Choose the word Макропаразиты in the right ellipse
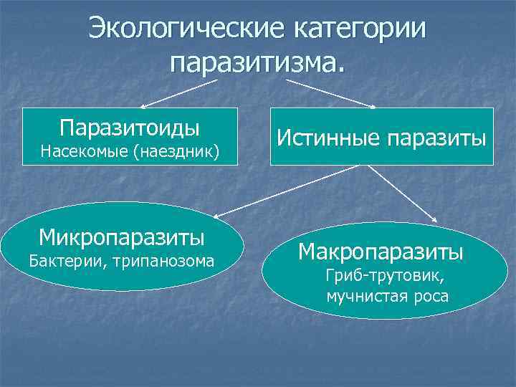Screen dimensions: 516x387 [x=381, y=252]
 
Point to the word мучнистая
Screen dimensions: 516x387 [x=366, y=295]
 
